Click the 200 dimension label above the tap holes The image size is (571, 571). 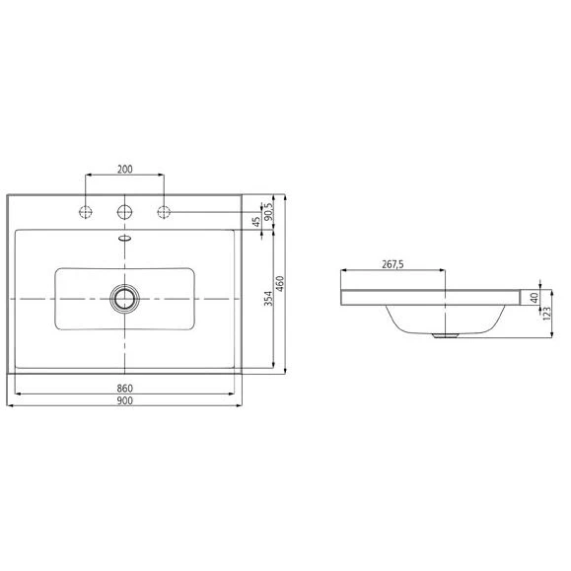[125, 169]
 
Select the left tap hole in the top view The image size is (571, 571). [87, 211]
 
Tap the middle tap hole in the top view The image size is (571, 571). [125, 211]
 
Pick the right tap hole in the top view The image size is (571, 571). [164, 211]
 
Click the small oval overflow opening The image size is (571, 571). [125, 238]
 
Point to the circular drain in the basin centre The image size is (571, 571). [125, 297]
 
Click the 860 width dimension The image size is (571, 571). [125, 388]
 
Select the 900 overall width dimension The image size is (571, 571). [125, 401]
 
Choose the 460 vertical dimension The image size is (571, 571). [281, 285]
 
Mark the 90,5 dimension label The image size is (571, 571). [268, 212]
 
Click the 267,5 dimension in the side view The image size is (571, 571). [394, 264]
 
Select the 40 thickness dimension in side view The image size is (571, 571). [534, 297]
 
